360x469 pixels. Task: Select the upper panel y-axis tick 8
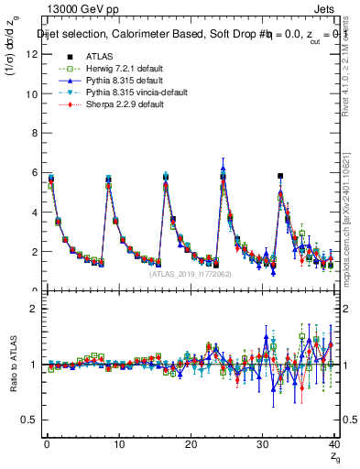(33, 133)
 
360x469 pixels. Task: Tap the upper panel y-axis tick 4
(33, 212)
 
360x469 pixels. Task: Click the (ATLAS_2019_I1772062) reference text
(191, 274)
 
